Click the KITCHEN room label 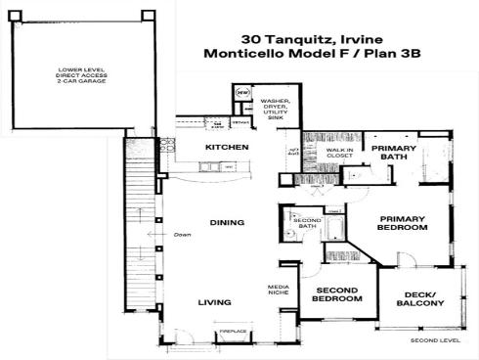click(x=226, y=147)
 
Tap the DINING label click(x=226, y=222)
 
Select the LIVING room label click(x=214, y=302)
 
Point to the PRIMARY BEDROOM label click(x=403, y=223)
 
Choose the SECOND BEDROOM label click(x=336, y=293)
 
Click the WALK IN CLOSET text click(x=339, y=153)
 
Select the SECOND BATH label click(x=307, y=224)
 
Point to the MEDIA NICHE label click(x=279, y=291)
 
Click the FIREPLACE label click(x=232, y=332)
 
